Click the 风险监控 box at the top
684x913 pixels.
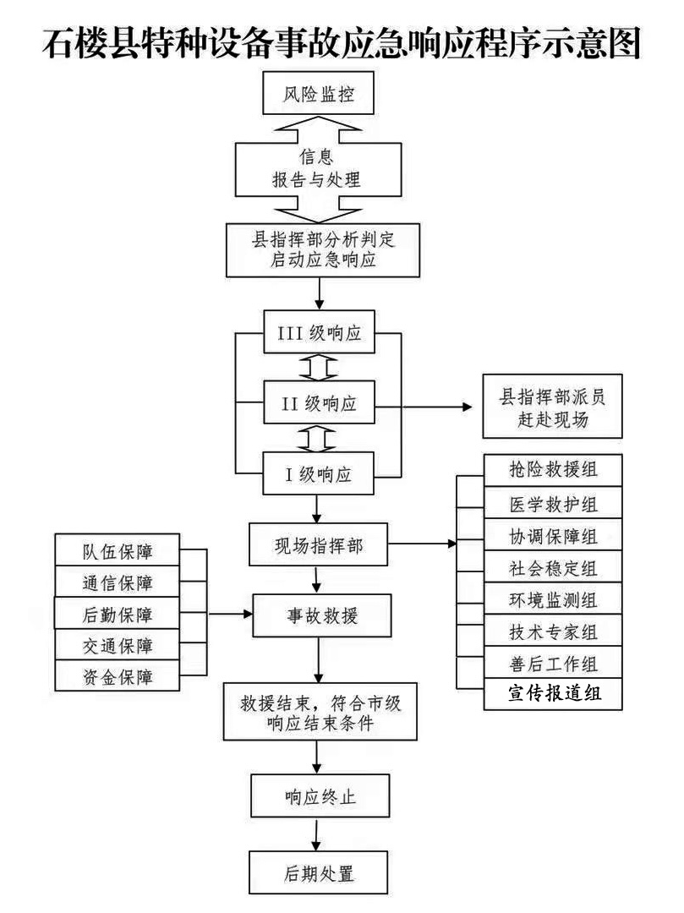[318, 95]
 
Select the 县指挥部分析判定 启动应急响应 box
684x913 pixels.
[323, 249]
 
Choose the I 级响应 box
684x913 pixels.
[319, 474]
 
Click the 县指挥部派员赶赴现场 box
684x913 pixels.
[552, 406]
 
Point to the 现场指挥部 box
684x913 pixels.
[318, 545]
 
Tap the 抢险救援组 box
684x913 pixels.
[553, 470]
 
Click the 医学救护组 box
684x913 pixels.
[553, 503]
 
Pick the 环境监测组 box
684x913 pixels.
[553, 599]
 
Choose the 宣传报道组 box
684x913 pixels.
[553, 694]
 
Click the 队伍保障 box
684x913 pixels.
[118, 551]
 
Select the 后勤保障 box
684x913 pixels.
[118, 614]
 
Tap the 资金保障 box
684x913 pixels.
[118, 676]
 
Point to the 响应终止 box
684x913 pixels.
[319, 796]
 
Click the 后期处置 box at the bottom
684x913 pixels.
[319, 872]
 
